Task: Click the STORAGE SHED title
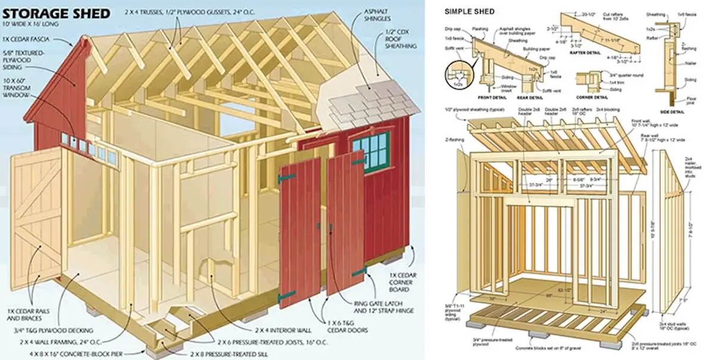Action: (x=56, y=12)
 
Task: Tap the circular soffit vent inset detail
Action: (x=458, y=77)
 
